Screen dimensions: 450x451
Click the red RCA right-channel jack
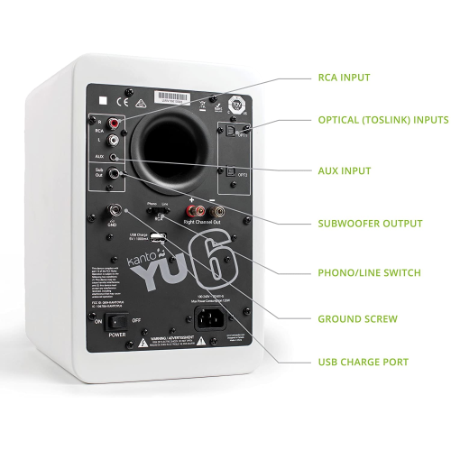115,123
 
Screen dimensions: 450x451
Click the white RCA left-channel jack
115,140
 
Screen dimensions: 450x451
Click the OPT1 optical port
231,130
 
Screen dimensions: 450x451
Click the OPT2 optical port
230,170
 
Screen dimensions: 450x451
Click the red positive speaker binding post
191,213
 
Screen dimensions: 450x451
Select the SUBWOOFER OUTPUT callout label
370,224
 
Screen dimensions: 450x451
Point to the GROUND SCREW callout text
357,318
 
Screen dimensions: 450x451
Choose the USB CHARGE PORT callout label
363,363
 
